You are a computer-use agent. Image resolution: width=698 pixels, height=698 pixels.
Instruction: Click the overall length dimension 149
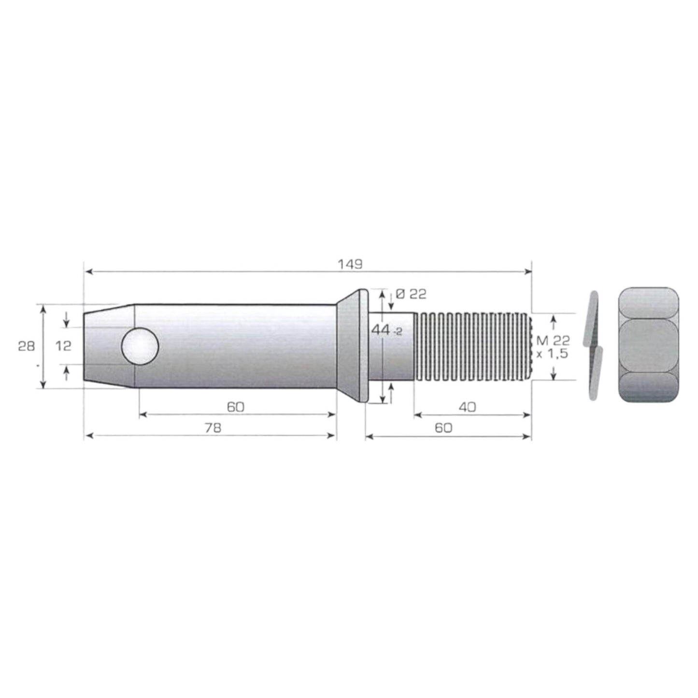(x=350, y=264)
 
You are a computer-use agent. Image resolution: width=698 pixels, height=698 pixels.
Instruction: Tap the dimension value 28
(x=27, y=346)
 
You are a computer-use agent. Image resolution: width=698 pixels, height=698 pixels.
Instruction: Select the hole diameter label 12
(x=63, y=346)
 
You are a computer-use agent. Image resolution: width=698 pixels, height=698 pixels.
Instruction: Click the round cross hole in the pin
(x=140, y=347)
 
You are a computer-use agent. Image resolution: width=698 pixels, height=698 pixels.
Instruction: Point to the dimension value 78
(x=213, y=428)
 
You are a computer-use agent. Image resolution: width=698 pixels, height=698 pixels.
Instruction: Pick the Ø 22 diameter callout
(x=411, y=294)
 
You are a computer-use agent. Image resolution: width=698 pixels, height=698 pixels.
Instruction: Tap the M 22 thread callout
(x=553, y=340)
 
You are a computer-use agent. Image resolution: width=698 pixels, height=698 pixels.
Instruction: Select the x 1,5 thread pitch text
(x=552, y=354)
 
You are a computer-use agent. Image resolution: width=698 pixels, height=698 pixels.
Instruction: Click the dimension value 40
(x=467, y=407)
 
